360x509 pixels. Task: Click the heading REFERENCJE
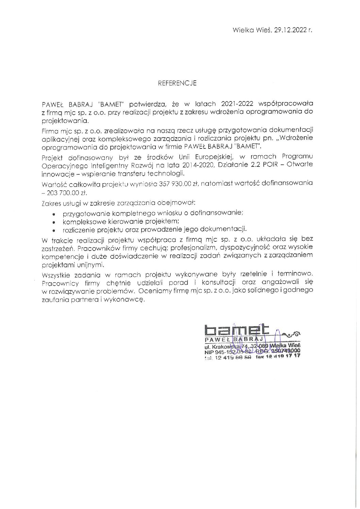tap(177, 83)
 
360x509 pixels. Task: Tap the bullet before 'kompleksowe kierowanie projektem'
tap(54, 221)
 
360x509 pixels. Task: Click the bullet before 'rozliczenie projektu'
tap(54, 230)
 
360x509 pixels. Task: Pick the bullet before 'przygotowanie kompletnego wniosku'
tap(54, 213)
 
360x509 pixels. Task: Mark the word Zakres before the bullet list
tap(49, 203)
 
